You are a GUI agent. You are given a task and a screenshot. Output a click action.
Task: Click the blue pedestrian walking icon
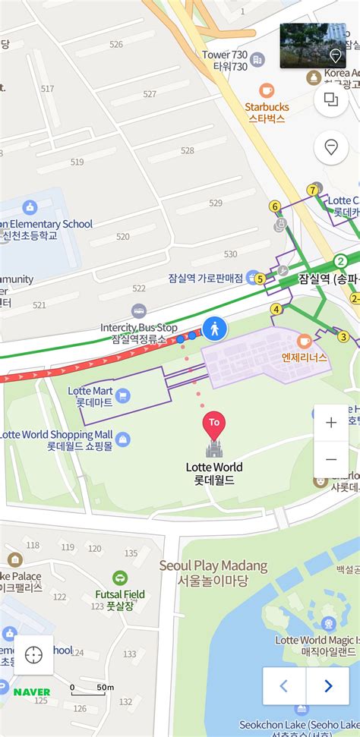click(x=215, y=329)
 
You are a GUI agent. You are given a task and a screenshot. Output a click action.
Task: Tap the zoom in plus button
click(x=331, y=424)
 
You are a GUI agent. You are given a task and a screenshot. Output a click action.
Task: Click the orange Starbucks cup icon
click(x=267, y=90)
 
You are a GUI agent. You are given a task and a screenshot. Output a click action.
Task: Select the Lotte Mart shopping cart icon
click(x=123, y=395)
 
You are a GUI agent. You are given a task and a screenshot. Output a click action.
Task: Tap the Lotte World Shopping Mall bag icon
click(x=123, y=439)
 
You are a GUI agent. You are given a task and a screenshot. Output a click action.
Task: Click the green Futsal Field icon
click(x=120, y=579)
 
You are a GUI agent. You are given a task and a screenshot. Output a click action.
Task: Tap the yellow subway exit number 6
click(x=275, y=206)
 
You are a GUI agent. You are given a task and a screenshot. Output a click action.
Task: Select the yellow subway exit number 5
click(x=260, y=279)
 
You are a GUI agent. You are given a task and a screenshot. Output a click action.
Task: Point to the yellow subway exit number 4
click(x=276, y=309)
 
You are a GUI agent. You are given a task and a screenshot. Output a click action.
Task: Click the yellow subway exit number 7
click(x=312, y=190)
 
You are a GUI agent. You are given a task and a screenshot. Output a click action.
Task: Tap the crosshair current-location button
click(x=33, y=655)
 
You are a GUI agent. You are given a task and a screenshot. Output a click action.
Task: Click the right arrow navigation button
click(x=328, y=686)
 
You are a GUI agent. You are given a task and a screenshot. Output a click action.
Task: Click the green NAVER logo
click(x=32, y=692)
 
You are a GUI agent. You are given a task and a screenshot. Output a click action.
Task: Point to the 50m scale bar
click(x=87, y=689)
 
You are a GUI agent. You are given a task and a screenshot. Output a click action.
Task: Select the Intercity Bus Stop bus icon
click(x=138, y=310)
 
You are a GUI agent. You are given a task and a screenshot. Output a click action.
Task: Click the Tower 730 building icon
click(x=257, y=60)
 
